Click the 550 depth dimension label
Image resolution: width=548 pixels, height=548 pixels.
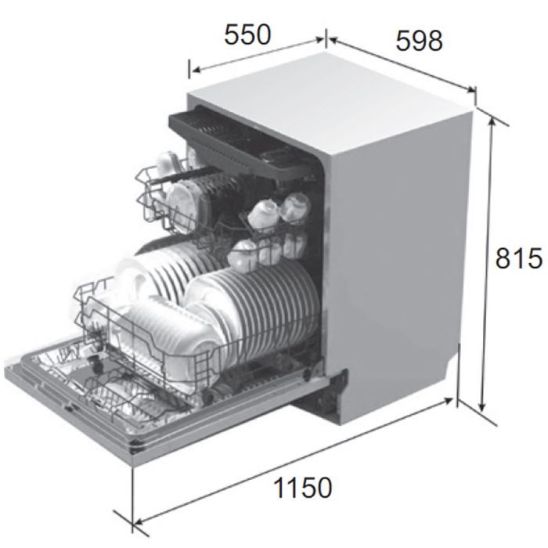[x=247, y=35]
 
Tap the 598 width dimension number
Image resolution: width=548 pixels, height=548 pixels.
[x=419, y=41]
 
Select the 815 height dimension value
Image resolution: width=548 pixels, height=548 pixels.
[x=518, y=258]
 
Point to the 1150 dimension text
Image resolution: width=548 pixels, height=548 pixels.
[x=303, y=488]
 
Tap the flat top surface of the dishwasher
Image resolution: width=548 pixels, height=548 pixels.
[x=329, y=94]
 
